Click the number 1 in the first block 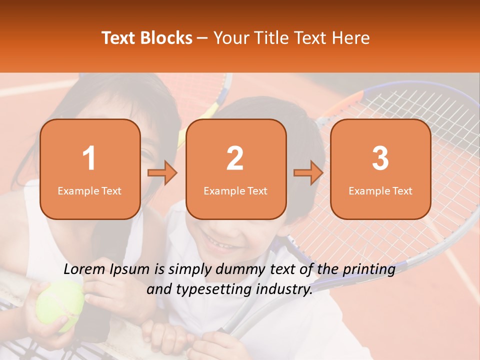[x=89, y=158]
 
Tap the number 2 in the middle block [x=235, y=158]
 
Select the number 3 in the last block [x=380, y=158]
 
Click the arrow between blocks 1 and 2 [x=162, y=173]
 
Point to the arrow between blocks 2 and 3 [x=308, y=173]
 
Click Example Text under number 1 [x=89, y=191]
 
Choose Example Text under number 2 [x=235, y=191]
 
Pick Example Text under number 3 [x=380, y=191]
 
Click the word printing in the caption [x=369, y=269]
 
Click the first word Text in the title [x=119, y=38]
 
